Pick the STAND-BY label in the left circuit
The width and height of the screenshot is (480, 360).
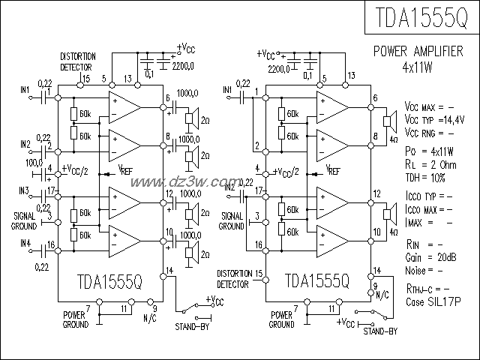191,327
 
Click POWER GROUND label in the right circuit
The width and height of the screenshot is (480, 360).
281,320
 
